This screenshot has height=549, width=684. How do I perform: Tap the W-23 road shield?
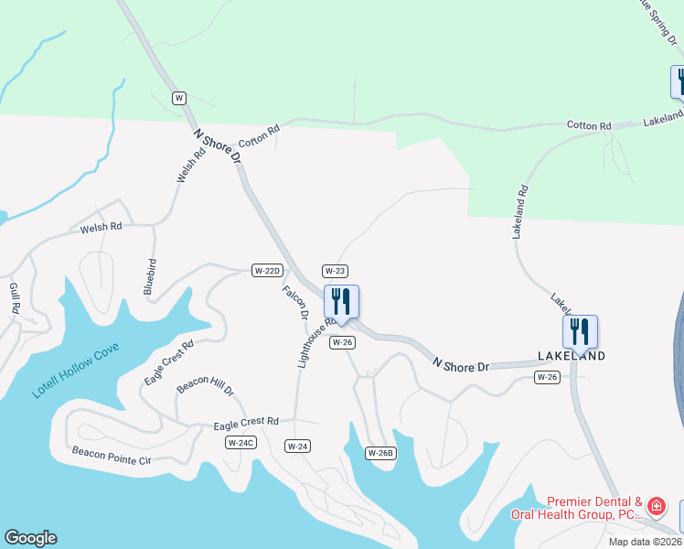coord(335,271)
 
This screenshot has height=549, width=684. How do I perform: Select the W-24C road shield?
coord(240,443)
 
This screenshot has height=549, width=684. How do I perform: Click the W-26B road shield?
coord(380,453)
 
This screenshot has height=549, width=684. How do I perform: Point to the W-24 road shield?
coord(297,447)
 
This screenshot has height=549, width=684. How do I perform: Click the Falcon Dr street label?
coord(295,303)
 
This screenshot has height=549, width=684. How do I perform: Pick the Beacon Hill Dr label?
coord(206,385)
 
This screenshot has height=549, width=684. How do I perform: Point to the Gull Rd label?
coord(15,298)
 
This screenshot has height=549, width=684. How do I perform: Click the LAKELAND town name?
coord(572,356)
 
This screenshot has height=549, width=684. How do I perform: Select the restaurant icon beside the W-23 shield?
coord(341,302)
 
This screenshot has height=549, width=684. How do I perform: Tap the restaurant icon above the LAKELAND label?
coord(580,330)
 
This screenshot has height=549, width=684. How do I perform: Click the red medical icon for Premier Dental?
coord(656,506)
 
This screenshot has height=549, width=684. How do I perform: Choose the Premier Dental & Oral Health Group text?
coord(594,508)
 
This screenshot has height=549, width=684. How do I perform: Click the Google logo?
coord(30,538)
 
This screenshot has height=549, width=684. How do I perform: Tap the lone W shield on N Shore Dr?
coord(179,98)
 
